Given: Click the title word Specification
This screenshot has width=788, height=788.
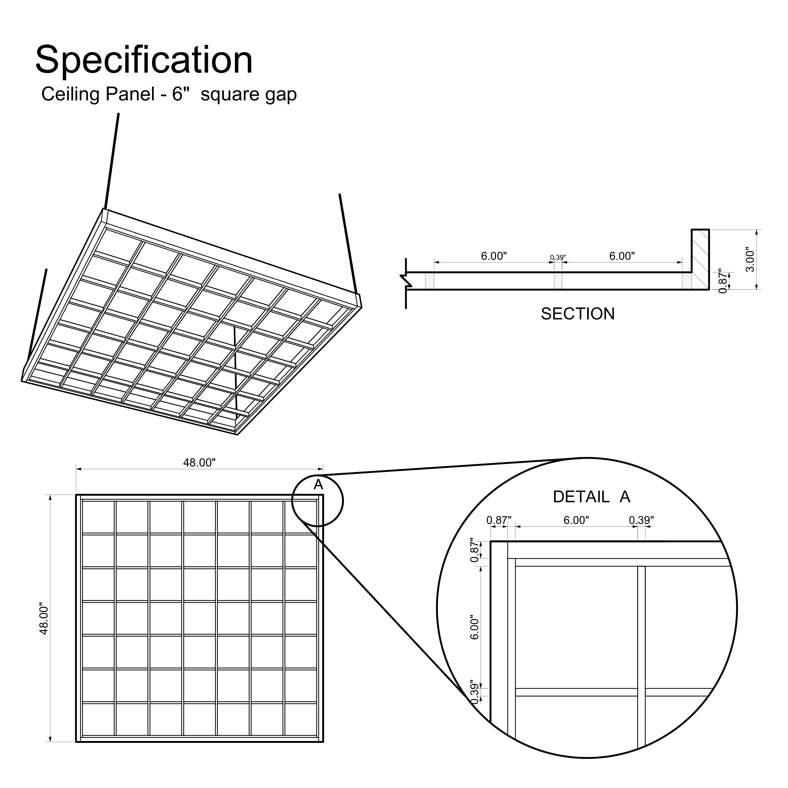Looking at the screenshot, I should (x=144, y=60).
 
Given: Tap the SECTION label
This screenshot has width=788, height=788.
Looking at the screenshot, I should (x=578, y=314).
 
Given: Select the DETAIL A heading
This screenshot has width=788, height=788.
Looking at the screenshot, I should (x=591, y=497).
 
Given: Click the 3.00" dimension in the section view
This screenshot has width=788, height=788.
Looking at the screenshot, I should (x=750, y=259).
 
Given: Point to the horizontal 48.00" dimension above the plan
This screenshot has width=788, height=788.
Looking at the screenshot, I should (x=199, y=462).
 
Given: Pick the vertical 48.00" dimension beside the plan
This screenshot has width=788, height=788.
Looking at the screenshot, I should (x=44, y=619).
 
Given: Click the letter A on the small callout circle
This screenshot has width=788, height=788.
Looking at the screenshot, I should (x=318, y=485).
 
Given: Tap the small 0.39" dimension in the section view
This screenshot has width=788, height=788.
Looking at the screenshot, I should (x=558, y=257).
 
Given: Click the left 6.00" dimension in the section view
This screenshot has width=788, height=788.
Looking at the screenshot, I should (x=494, y=256).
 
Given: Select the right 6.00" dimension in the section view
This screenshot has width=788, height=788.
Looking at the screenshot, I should (x=622, y=256).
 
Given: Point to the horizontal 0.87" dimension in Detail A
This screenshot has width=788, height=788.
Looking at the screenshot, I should (x=499, y=520).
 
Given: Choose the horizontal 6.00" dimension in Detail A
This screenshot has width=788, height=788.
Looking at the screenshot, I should (x=576, y=520).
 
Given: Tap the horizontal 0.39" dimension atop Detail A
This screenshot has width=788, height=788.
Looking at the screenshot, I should (x=641, y=520).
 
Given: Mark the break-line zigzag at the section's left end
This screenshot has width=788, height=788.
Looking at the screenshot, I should (x=405, y=280).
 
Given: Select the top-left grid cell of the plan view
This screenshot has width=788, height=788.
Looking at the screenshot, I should (x=98, y=517).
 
